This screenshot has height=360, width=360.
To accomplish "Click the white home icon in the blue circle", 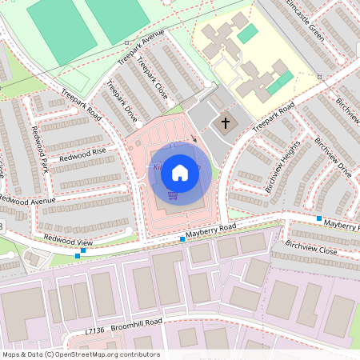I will (180, 171).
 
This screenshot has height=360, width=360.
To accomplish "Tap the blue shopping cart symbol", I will (173, 194).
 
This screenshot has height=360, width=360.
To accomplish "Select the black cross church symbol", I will (226, 123).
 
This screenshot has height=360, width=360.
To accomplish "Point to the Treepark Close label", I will (152, 77).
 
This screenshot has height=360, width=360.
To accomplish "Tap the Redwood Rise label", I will (87, 151).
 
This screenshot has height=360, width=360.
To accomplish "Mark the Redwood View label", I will (68, 239).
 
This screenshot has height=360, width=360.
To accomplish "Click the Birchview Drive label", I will (333, 157).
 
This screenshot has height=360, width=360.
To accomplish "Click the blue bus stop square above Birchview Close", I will (319, 218).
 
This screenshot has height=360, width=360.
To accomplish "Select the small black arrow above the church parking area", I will (193, 138).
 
